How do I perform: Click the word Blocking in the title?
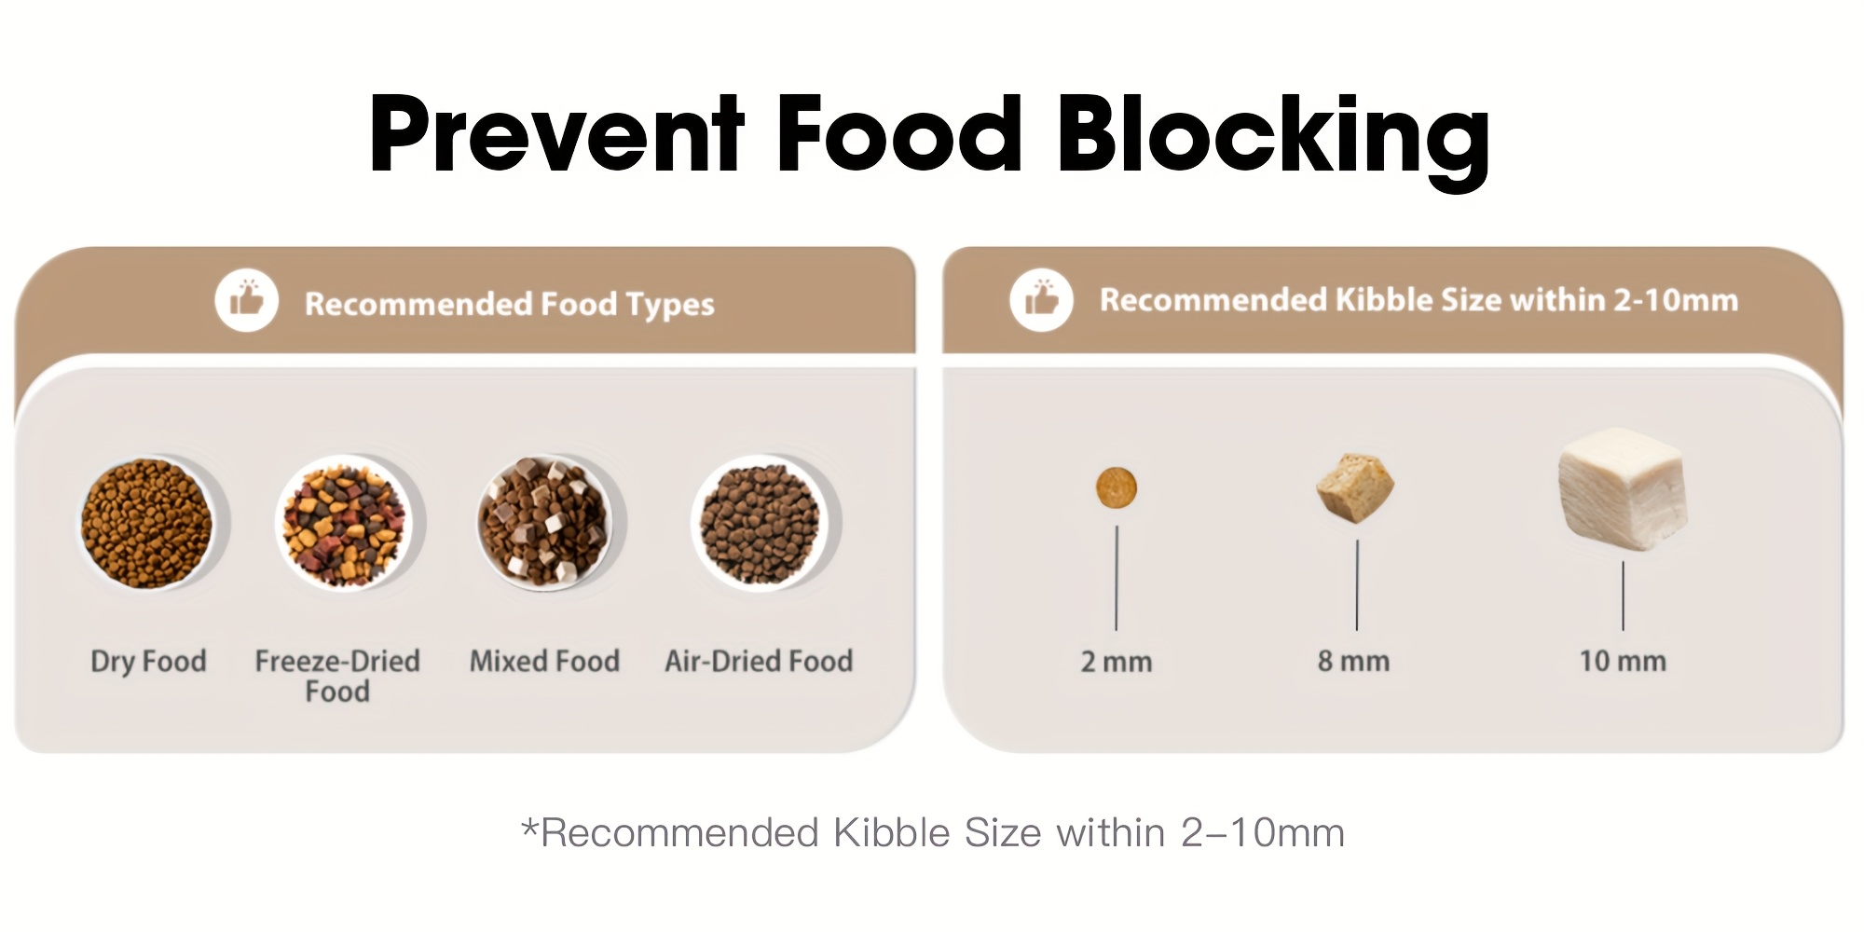1273,137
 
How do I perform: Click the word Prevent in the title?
556,134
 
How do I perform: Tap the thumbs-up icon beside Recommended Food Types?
246,300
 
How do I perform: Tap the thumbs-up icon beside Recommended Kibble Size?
1041,299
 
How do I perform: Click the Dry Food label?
148,662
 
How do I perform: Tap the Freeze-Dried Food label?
337,676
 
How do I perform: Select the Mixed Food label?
544,661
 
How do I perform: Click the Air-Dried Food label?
759,661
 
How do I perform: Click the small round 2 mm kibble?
1117,488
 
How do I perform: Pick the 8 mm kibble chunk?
1355,487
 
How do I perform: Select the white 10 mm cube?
1623,489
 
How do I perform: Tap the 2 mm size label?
1117,662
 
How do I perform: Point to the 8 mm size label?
1353,662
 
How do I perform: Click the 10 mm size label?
1623,661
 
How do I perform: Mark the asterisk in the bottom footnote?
530,827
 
